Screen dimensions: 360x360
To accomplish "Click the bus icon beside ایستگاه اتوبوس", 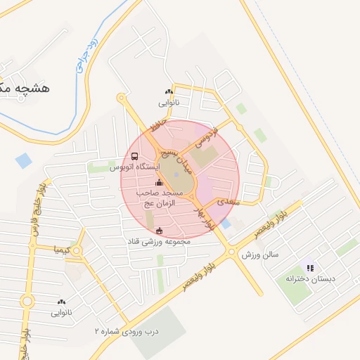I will click(134, 157).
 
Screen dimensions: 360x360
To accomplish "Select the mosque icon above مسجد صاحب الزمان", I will click(157, 184).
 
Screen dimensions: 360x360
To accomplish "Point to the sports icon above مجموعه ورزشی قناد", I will click(159, 231).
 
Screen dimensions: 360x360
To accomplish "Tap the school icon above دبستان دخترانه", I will click(310, 268).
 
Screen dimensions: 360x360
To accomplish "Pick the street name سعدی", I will click(229, 202).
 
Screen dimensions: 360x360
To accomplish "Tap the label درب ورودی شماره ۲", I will click(127, 330).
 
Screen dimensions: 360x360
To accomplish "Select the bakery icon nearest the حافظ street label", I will click(169, 91).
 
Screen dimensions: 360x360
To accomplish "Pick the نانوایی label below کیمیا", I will click(61, 312).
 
